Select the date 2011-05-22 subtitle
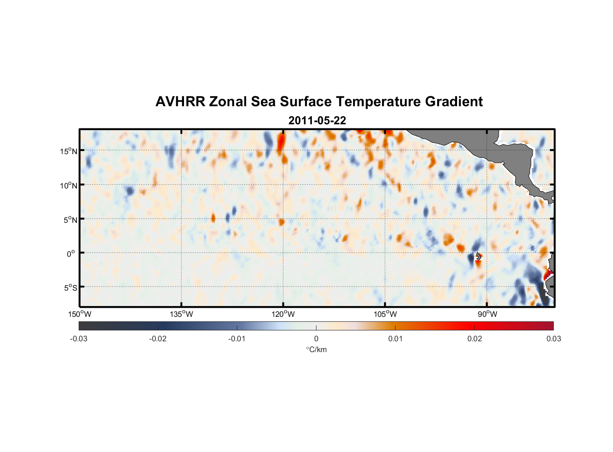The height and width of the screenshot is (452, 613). pyautogui.click(x=317, y=121)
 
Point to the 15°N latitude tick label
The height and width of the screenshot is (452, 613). pyautogui.click(x=68, y=151)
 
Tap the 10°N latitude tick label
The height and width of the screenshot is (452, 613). pyautogui.click(x=68, y=185)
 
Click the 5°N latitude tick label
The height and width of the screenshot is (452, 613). pyautogui.click(x=70, y=220)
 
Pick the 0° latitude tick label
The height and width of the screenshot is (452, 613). pyautogui.click(x=71, y=254)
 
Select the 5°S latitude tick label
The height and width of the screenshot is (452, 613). pyautogui.click(x=70, y=288)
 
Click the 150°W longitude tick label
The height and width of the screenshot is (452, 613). pyautogui.click(x=80, y=314)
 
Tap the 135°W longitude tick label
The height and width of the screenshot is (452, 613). pyautogui.click(x=181, y=314)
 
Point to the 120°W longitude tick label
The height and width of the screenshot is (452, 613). pyautogui.click(x=283, y=314)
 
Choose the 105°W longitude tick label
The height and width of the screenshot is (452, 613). pyautogui.click(x=385, y=314)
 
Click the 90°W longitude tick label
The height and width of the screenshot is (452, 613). pyautogui.click(x=487, y=314)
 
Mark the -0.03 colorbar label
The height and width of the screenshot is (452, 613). pyautogui.click(x=79, y=339)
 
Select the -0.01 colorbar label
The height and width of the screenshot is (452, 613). pyautogui.click(x=237, y=339)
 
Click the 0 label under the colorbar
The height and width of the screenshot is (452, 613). pyautogui.click(x=316, y=339)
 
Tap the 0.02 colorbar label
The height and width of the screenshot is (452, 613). pyautogui.click(x=474, y=339)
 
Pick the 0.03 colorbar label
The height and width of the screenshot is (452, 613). pyautogui.click(x=553, y=339)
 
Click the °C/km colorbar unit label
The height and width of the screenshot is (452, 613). pyautogui.click(x=316, y=349)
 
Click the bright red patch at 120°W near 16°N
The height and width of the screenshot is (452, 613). pyautogui.click(x=281, y=142)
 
